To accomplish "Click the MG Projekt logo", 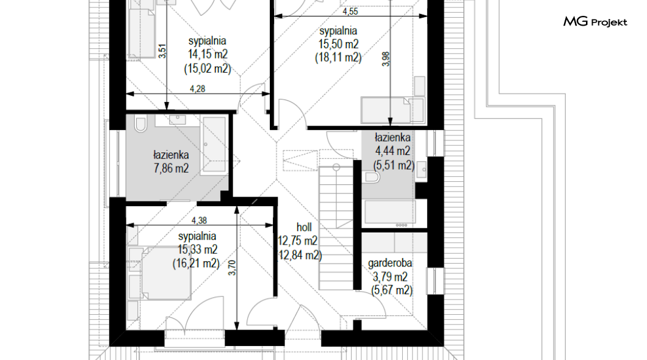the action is click(x=595, y=21).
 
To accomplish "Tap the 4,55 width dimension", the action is click(x=350, y=12).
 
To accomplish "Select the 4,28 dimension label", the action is click(x=198, y=88).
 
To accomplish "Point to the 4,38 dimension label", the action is click(x=200, y=221).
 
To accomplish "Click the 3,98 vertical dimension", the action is click(x=386, y=59).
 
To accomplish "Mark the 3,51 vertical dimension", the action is click(x=162, y=51).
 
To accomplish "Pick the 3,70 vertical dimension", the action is click(x=233, y=268).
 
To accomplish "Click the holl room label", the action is click(x=304, y=227).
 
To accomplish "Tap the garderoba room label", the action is click(x=390, y=263).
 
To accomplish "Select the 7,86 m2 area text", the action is click(x=172, y=168).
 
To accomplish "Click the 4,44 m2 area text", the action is click(x=392, y=151).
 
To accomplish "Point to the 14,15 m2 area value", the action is click(x=208, y=54).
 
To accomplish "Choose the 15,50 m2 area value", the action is click(x=338, y=44).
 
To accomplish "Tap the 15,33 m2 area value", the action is click(x=197, y=250).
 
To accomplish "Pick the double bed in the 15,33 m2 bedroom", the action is click(x=160, y=273).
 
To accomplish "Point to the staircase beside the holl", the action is click(x=336, y=227).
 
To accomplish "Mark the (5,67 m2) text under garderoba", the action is click(x=392, y=290).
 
